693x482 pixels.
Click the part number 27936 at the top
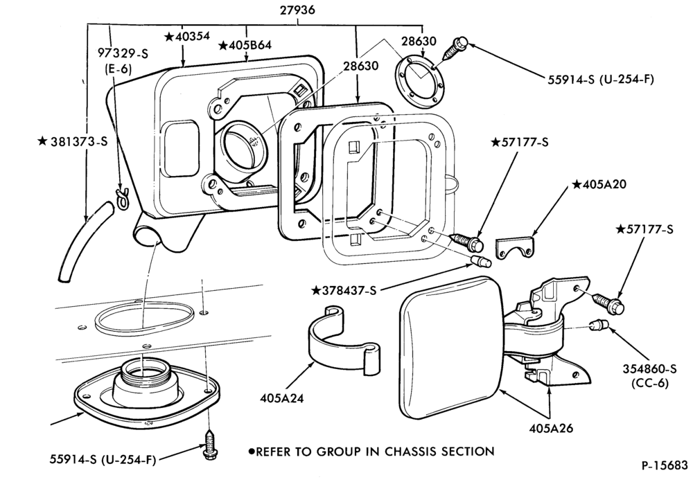click(297, 10)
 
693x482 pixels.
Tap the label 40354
click(187, 37)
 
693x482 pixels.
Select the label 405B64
click(245, 46)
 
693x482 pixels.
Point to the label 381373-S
click(73, 141)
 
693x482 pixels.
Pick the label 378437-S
click(344, 290)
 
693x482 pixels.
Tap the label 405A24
click(282, 398)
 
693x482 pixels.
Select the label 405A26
click(551, 428)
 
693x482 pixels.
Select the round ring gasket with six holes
click(419, 81)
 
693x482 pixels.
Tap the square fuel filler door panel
click(451, 347)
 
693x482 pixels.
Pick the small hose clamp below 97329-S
click(122, 197)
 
